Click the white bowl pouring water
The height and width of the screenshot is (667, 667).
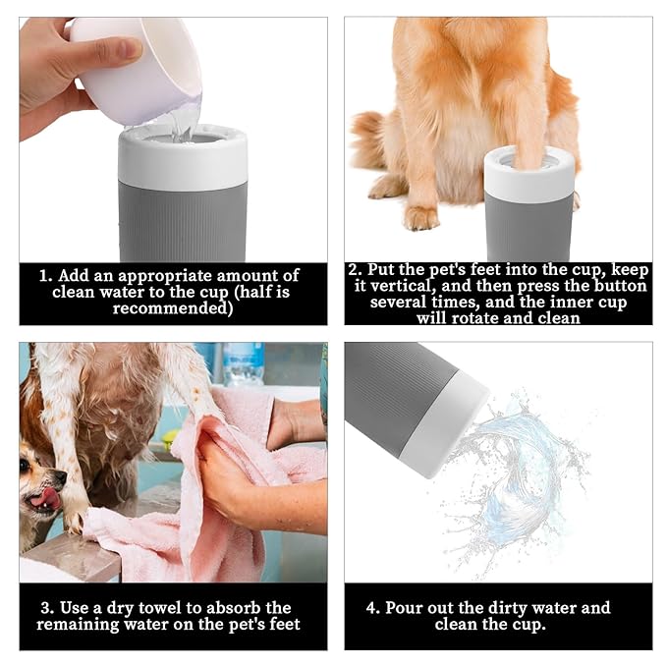click(137, 68)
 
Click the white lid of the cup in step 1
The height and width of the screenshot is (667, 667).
click(183, 157)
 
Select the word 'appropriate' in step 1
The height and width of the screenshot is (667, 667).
click(165, 277)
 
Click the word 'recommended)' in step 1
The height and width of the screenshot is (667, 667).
click(173, 308)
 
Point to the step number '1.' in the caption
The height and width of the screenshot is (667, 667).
click(46, 276)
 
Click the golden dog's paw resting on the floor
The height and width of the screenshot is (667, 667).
click(422, 218)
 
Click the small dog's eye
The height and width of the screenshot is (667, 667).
click(26, 465)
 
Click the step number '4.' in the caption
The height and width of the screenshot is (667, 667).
click(373, 608)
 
